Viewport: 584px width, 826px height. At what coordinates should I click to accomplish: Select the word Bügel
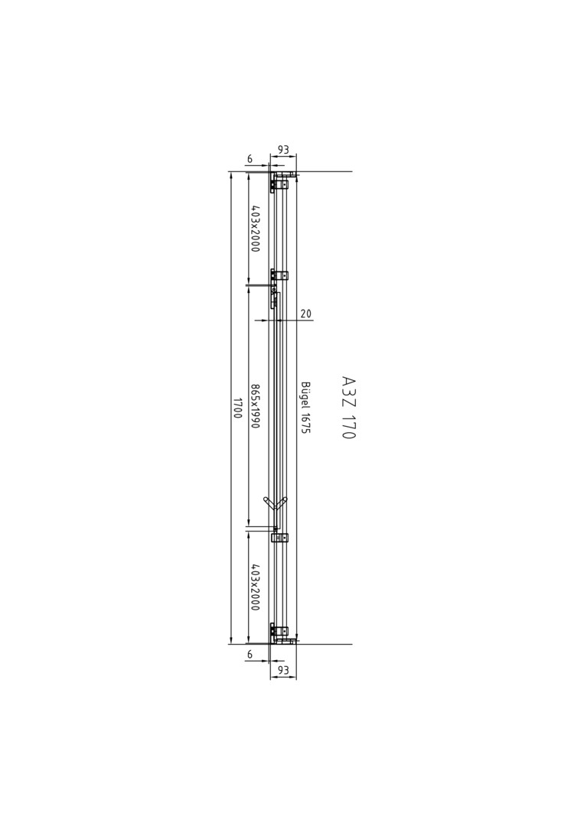[x=305, y=395]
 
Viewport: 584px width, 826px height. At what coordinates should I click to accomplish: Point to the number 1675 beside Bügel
[x=305, y=423]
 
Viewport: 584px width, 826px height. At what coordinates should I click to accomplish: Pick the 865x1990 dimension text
[x=255, y=405]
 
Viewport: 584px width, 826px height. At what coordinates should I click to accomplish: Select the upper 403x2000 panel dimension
[x=255, y=229]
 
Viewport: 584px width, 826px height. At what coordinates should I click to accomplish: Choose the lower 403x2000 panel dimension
[x=255, y=587]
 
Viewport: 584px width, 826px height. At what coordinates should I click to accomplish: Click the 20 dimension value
[x=305, y=314]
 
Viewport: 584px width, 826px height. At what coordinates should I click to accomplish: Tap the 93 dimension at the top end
[x=283, y=150]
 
